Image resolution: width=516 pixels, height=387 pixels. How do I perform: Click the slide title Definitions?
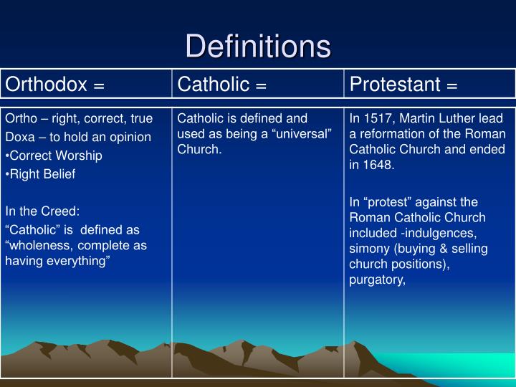coord(258,46)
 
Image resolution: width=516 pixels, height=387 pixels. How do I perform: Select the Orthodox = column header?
coord(55,85)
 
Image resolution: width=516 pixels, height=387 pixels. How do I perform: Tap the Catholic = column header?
coord(222,85)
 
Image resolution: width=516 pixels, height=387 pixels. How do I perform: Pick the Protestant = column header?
coord(403,85)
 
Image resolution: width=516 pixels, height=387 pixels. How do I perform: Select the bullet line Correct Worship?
coord(55,156)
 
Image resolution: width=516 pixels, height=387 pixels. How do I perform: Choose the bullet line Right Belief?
coord(42,174)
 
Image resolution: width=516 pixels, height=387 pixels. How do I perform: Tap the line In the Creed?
coord(42,211)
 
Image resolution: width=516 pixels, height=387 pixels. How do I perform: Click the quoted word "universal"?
coord(304,134)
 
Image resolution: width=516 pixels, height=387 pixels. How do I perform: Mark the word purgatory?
coord(377,280)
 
